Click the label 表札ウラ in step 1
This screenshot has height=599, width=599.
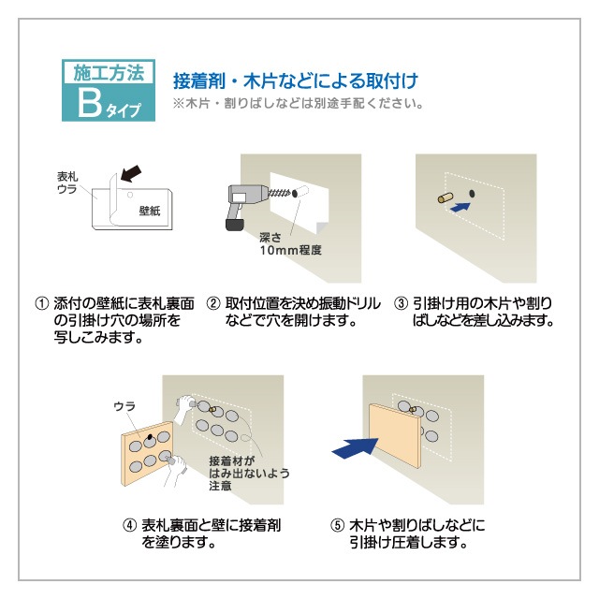tap(67, 183)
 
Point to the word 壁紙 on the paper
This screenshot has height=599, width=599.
tap(149, 212)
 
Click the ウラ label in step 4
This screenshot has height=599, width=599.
tap(124, 405)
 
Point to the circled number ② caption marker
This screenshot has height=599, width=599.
tap(212, 304)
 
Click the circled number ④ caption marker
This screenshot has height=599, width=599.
tap(129, 525)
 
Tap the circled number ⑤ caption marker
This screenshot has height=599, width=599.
tap(337, 525)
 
